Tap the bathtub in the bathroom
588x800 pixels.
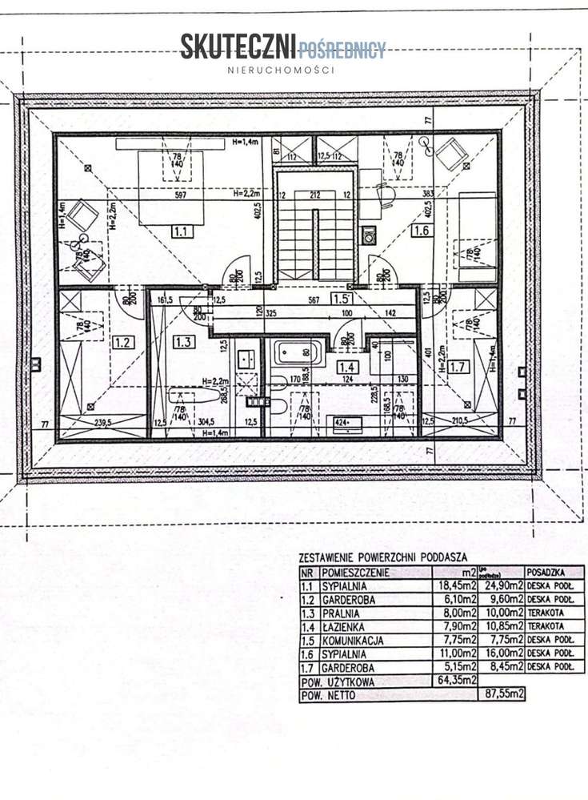click(x=297, y=352)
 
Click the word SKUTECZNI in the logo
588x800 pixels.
click(x=238, y=47)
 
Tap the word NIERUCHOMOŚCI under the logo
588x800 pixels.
click(x=281, y=70)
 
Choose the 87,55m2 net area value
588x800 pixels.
click(x=502, y=695)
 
